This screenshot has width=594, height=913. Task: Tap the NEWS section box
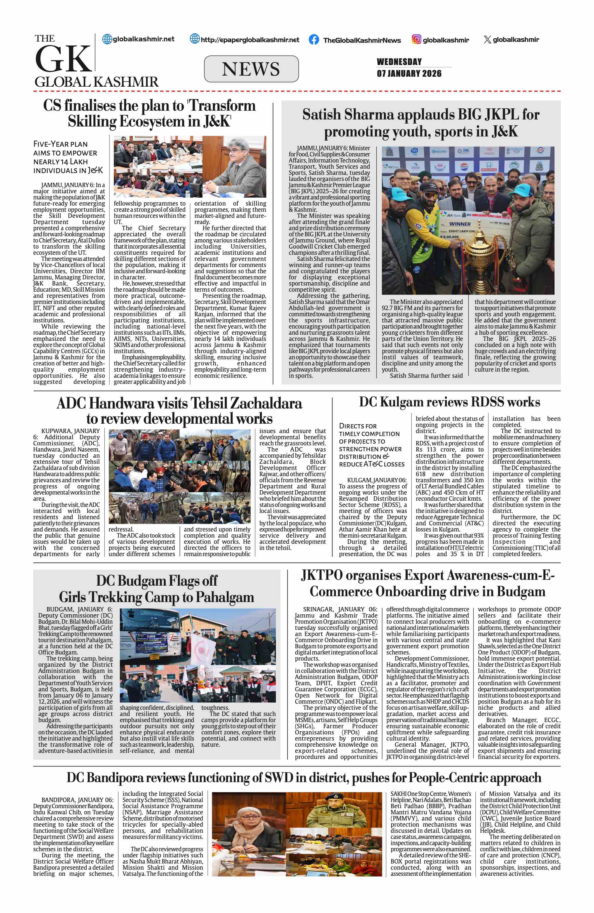(251, 69)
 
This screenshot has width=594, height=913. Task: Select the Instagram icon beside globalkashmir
(416, 39)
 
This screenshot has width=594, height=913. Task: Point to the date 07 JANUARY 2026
(409, 73)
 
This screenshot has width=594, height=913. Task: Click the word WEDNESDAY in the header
(399, 62)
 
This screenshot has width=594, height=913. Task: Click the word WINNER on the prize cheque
(460, 224)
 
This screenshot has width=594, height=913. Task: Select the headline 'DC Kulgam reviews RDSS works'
(449, 402)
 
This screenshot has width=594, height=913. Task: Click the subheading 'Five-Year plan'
(61, 144)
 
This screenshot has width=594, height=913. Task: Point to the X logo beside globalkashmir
(487, 39)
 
